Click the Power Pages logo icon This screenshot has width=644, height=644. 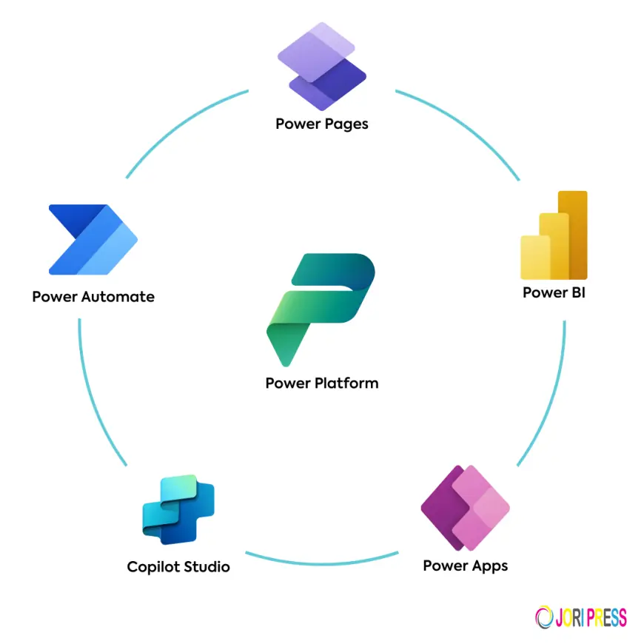[322, 67]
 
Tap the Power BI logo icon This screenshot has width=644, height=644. [554, 235]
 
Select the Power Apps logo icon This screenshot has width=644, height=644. [465, 508]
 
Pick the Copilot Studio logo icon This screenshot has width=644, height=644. [178, 509]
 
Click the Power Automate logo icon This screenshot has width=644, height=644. [93, 239]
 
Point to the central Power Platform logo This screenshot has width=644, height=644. [321, 308]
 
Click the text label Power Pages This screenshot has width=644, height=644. [322, 124]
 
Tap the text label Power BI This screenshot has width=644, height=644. [554, 292]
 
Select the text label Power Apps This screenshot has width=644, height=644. [465, 566]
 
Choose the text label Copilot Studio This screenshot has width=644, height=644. [178, 567]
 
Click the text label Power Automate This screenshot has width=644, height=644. [93, 297]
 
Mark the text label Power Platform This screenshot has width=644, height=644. [322, 383]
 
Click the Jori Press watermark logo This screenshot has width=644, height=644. [580, 617]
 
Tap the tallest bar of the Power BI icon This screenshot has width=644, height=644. [572, 233]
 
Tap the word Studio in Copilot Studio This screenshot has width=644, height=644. [204, 567]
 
